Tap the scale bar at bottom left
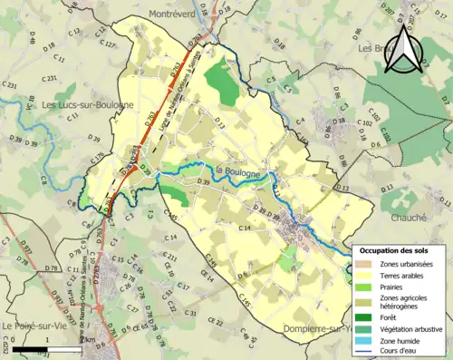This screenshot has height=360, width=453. click(x=46, y=348)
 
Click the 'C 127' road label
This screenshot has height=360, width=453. click(x=106, y=44)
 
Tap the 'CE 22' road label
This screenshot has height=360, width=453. click(x=215, y=320)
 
